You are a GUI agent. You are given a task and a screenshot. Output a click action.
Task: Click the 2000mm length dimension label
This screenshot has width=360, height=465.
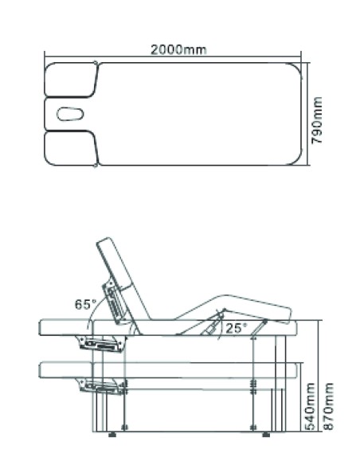178,49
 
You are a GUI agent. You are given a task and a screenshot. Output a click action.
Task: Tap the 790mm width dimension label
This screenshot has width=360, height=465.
317,120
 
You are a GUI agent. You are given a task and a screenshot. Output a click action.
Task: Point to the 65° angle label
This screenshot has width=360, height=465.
86,304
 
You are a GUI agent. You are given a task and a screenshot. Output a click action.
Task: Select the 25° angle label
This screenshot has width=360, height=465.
236,328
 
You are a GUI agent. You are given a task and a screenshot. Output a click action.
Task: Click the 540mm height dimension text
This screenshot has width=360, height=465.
310,406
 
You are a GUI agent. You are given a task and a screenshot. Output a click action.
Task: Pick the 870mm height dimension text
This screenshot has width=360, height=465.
328,406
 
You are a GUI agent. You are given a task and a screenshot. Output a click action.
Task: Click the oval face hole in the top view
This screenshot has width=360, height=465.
70,114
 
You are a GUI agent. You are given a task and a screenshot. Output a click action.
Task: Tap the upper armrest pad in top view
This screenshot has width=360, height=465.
71,80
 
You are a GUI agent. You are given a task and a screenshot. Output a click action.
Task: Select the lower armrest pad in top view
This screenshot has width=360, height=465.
71,148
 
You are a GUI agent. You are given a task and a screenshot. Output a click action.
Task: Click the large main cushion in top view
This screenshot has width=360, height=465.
200,114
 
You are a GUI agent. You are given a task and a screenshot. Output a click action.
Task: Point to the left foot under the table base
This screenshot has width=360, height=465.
112,435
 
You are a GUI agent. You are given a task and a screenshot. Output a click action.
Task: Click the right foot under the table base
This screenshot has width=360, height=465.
266,435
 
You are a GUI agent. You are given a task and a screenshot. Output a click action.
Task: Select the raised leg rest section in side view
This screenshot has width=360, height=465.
234,308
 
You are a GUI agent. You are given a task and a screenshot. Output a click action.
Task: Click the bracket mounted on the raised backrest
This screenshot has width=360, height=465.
114,303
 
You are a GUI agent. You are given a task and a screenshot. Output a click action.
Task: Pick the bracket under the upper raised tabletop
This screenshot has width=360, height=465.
101,344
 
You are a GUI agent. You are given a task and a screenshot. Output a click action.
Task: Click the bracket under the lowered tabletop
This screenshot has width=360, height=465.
101,386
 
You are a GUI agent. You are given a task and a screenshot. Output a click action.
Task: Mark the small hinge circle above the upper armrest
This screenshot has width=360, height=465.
96,63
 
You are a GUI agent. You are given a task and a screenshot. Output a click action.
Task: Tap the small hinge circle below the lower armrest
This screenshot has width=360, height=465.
96,166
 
